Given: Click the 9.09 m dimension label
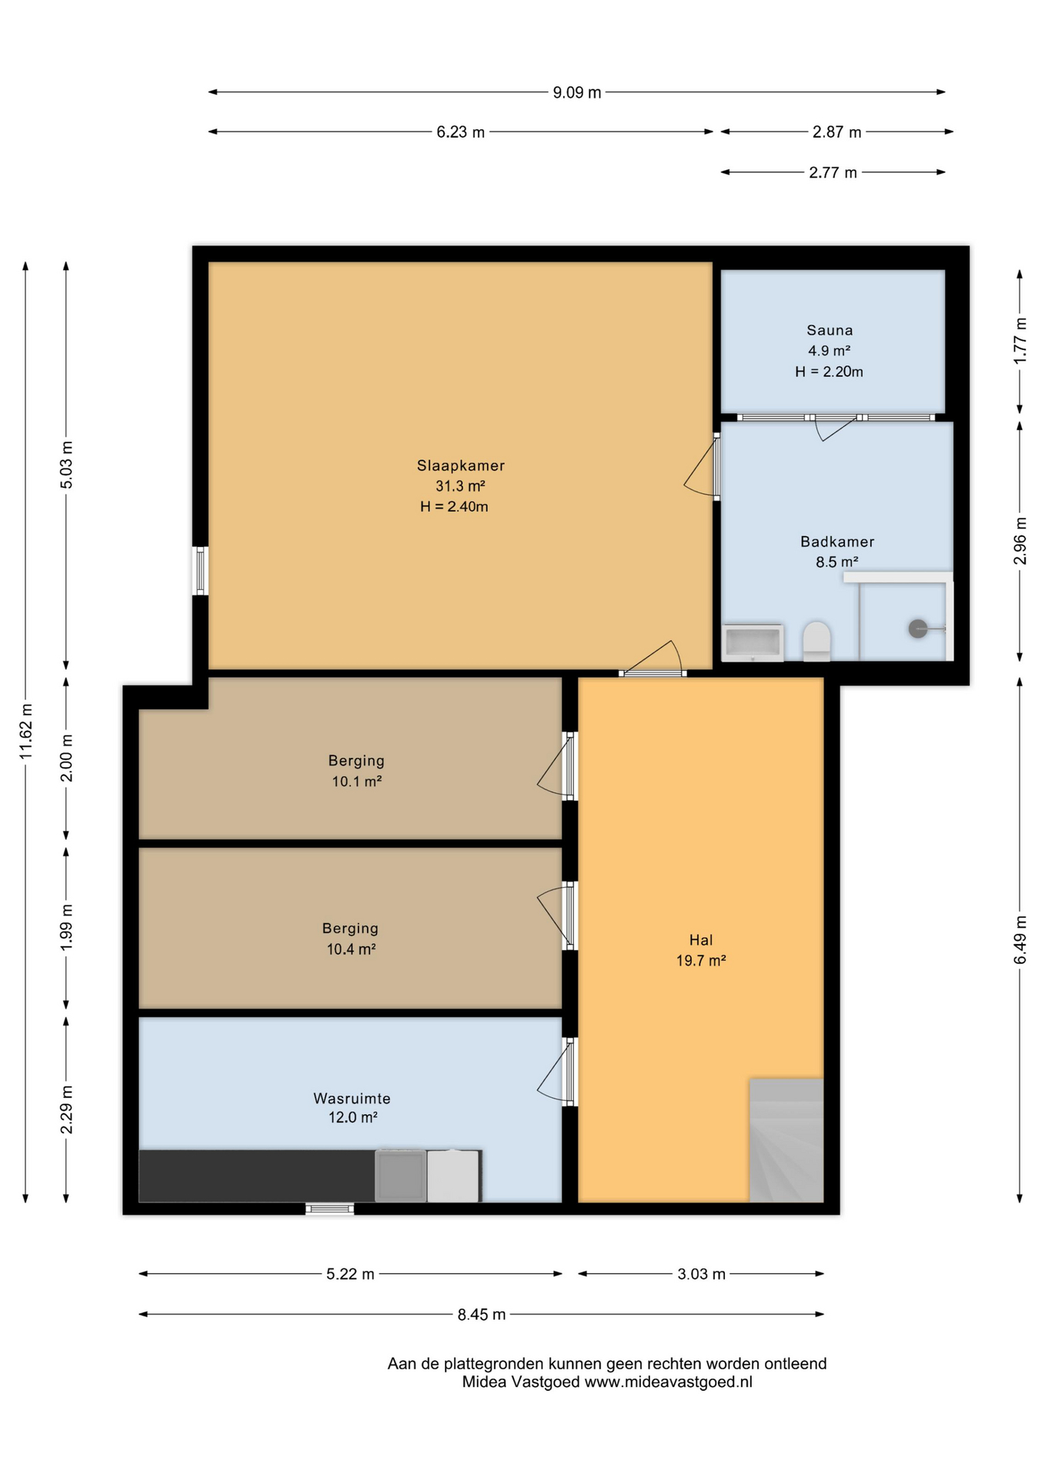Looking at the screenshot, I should (x=576, y=93).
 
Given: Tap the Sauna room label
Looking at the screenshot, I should (x=829, y=331).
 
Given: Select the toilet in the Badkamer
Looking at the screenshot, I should (x=816, y=641).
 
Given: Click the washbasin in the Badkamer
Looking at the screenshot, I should (x=753, y=642).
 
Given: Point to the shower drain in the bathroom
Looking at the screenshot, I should (x=917, y=628).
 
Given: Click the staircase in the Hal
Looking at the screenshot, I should (x=786, y=1140).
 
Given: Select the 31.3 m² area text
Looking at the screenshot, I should (x=460, y=486).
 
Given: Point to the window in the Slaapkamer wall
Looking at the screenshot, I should (x=200, y=571).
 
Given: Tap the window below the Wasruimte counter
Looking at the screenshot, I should (x=329, y=1209).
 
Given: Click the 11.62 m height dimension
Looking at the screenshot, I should (x=26, y=731).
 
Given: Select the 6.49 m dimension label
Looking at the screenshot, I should (x=1020, y=939).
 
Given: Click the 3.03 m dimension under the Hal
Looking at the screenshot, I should (x=701, y=1274).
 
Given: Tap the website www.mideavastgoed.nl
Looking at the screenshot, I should (x=668, y=1382).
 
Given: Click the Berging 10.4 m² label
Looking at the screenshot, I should (x=350, y=939).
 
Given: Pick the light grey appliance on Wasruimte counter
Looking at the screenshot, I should (x=453, y=1175).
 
